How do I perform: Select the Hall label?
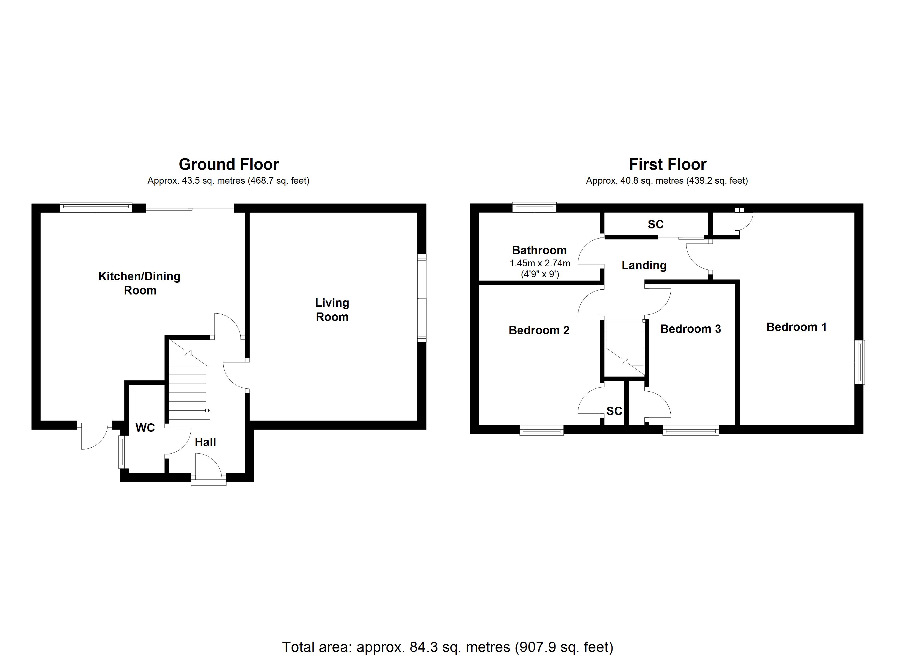tap(205, 442)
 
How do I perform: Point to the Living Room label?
tap(332, 310)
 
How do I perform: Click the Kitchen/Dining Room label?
tap(139, 283)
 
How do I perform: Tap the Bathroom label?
tap(539, 250)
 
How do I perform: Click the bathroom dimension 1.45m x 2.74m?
tap(540, 263)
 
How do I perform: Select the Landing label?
tap(644, 265)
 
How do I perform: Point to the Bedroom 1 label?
tap(796, 327)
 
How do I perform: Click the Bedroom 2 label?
tap(539, 330)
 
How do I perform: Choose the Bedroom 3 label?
tap(691, 329)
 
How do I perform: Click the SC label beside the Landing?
tap(656, 224)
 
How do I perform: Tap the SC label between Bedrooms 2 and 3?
tap(614, 411)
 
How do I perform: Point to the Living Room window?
tap(422, 298)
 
